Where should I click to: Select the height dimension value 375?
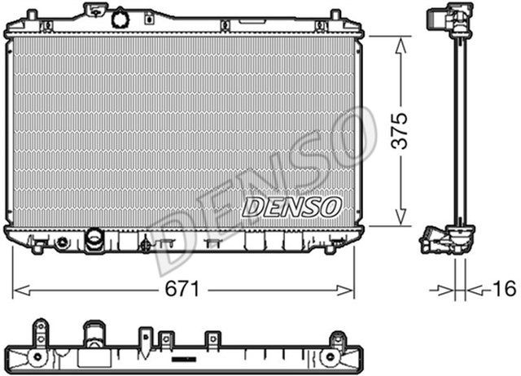tap(399, 130)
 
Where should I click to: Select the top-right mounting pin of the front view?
tap(335, 15)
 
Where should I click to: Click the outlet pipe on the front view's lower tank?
tap(94, 239)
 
